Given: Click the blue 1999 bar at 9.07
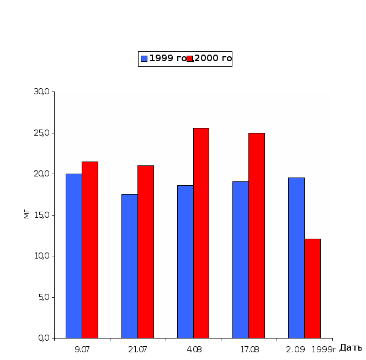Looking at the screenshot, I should pyautogui.click(x=74, y=256).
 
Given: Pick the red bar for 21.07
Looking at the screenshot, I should pyautogui.click(x=146, y=251).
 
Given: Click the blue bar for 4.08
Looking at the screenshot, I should pyautogui.click(x=185, y=261).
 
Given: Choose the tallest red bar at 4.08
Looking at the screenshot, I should pyautogui.click(x=201, y=233).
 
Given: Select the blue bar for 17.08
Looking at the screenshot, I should pyautogui.click(x=240, y=260).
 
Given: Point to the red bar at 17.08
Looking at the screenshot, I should pyautogui.click(x=257, y=235).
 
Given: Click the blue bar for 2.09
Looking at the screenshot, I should pyautogui.click(x=296, y=257).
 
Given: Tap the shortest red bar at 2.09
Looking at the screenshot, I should pyautogui.click(x=312, y=288).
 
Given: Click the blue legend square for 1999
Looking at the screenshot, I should pyautogui.click(x=144, y=58).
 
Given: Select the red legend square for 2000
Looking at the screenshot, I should pyautogui.click(x=190, y=58).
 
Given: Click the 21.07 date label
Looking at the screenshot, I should pyautogui.click(x=137, y=348).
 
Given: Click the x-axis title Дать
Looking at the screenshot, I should pyautogui.click(x=351, y=348).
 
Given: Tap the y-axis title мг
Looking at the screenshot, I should pyautogui.click(x=25, y=214).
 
